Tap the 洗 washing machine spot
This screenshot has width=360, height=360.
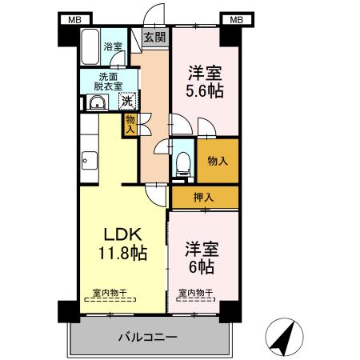click(x=126, y=102)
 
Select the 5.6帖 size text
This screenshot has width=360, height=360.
click(x=205, y=90)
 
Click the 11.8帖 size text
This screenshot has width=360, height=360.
click(x=122, y=254)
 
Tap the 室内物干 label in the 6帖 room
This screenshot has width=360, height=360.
click(x=195, y=293)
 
